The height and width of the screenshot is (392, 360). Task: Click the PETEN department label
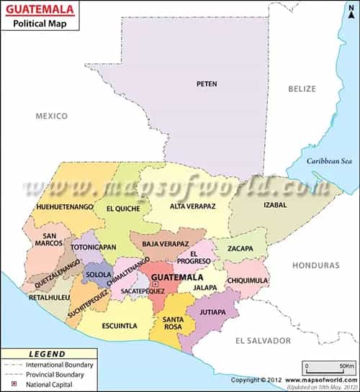[207, 84]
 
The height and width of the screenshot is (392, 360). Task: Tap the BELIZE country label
[302, 88]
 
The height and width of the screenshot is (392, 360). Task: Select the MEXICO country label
[52, 116]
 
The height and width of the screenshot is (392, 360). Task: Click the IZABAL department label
[275, 205]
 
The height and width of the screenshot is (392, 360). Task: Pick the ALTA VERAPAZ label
[192, 206]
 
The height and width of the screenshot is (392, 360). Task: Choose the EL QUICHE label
[123, 209]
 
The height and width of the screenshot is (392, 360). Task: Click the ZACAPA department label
[240, 249]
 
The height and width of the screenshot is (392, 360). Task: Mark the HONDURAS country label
[315, 265]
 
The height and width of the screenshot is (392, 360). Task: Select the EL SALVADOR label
[266, 340]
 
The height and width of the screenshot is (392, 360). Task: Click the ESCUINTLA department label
[120, 326]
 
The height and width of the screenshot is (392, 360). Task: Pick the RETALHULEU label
[44, 296]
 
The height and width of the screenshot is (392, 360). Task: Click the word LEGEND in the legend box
[47, 355]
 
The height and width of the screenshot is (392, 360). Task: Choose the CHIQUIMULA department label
[247, 281]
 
